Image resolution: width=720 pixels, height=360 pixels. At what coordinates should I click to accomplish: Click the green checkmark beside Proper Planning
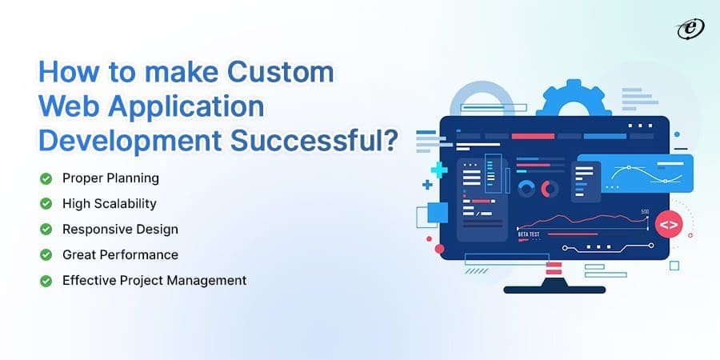[x=46, y=178]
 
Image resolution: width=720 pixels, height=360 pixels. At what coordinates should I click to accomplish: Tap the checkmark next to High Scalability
[x=46, y=203]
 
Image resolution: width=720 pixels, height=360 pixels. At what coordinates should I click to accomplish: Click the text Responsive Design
[x=120, y=229]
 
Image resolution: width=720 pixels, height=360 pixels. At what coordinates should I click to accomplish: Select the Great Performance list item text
[x=120, y=254]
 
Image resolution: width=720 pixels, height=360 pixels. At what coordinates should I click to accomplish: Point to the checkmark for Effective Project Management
[x=46, y=280]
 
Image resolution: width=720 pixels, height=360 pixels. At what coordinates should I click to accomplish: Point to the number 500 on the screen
[x=645, y=213]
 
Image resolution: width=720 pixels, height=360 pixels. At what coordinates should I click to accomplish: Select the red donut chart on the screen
[x=550, y=189]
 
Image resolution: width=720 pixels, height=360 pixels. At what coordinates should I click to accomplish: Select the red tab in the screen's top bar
[x=533, y=136]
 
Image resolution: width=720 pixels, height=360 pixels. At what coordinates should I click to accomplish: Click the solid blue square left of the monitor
[x=438, y=212]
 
